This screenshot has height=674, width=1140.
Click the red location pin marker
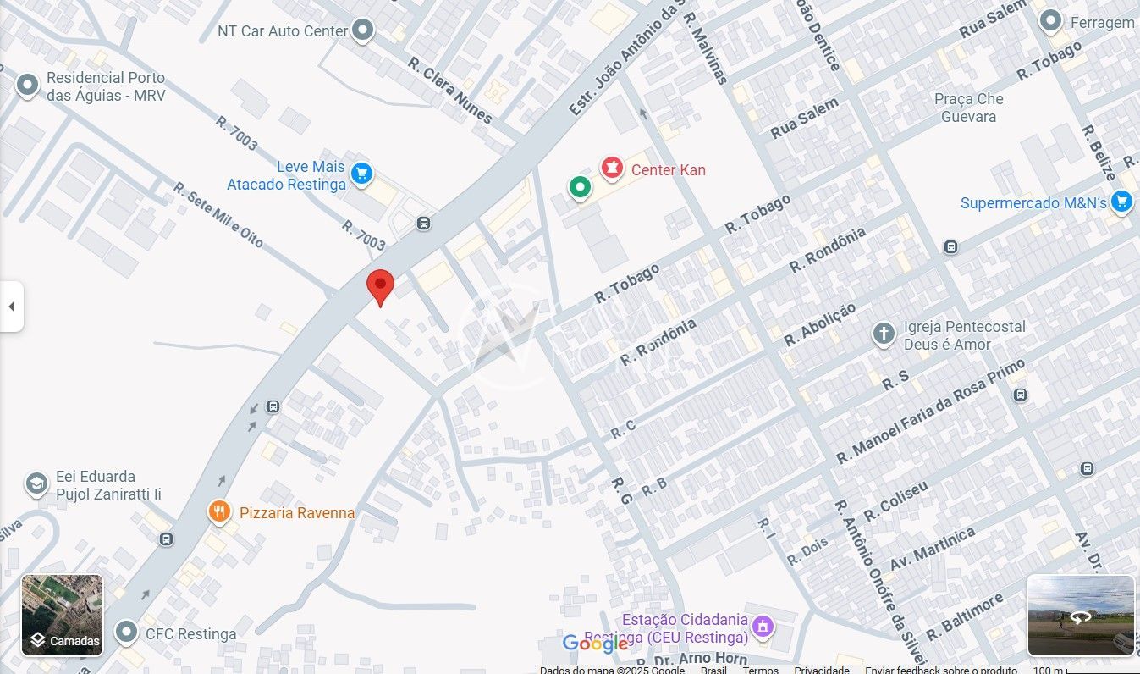(380, 285)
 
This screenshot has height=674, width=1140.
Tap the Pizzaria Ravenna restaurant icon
(219, 511)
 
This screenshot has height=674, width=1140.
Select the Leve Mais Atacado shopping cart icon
(361, 174)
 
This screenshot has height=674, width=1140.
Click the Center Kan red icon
(610, 168)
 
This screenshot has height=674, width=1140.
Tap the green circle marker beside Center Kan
(579, 186)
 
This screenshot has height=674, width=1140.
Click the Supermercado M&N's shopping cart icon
(1121, 202)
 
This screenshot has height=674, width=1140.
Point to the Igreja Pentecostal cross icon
(884, 334)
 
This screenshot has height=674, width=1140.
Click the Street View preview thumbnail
(1080, 616)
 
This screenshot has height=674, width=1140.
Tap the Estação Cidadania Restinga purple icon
(763, 627)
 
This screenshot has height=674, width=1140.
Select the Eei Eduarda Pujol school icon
(36, 483)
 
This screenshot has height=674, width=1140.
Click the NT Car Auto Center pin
(363, 30)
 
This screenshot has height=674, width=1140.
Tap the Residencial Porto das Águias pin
(27, 85)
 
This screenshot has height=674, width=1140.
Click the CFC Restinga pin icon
(127, 632)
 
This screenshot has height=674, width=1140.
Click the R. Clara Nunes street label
(449, 91)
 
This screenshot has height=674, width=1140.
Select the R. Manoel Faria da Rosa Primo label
(930, 412)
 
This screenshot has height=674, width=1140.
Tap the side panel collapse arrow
(11, 307)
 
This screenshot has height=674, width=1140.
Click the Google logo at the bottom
(595, 644)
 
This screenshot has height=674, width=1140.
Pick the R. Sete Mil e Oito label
(218, 215)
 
